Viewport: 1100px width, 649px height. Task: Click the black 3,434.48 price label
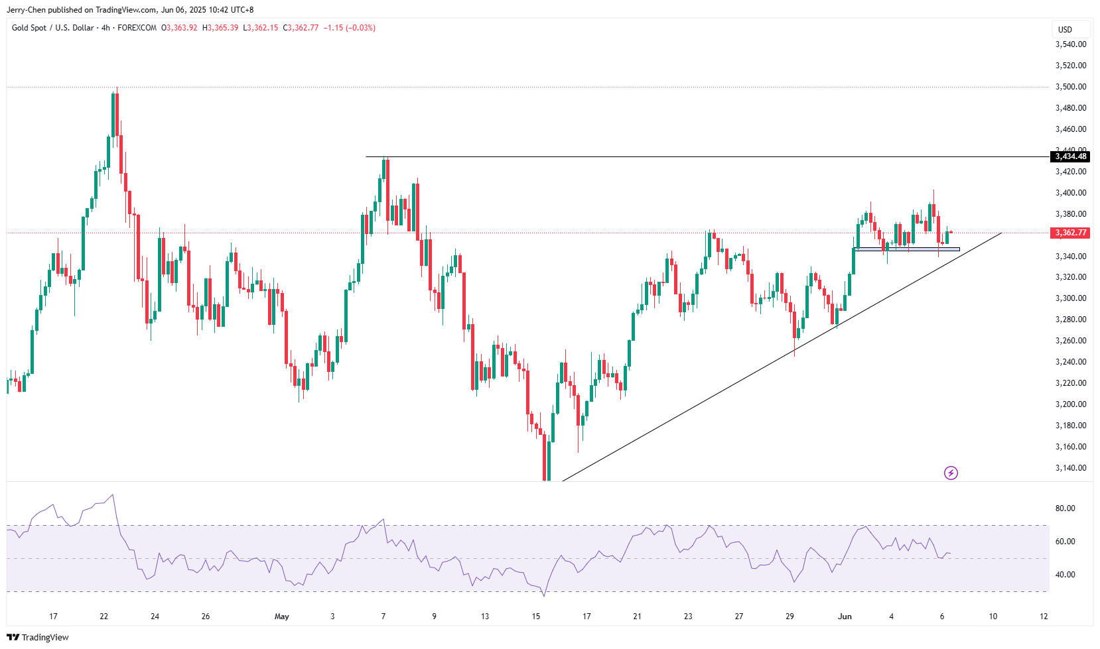coord(1071,156)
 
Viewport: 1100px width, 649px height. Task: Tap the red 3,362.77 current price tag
coord(1071,233)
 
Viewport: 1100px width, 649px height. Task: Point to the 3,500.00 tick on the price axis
coord(1071,87)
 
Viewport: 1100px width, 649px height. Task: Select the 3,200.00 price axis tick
coord(1071,404)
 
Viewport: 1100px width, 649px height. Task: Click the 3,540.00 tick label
coord(1071,44)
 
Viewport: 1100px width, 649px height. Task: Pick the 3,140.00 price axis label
coord(1071,468)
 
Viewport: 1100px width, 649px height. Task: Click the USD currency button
coord(1065,29)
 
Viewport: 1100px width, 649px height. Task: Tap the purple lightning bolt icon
coord(951,473)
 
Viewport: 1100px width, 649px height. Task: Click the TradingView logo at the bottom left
coord(38,637)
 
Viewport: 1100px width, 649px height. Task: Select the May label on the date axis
coord(282,617)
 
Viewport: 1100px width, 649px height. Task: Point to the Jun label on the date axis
coord(845,617)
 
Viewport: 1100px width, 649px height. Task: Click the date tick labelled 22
coord(104,617)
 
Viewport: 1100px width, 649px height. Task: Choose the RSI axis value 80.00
coord(1066,508)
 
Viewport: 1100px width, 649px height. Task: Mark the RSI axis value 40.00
coord(1066,575)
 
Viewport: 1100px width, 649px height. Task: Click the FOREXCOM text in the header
coord(137,28)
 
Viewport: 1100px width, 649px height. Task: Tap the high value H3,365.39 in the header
coord(220,28)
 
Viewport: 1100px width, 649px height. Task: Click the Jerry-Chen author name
coord(26,10)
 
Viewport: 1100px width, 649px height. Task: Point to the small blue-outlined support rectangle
coord(908,249)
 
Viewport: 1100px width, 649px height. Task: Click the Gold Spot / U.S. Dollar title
coord(53,28)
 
